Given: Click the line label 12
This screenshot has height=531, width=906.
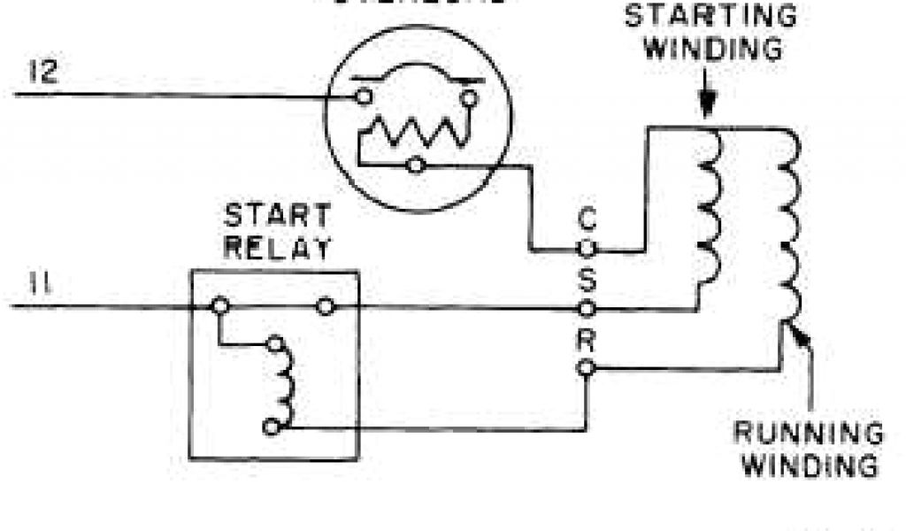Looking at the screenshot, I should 41,71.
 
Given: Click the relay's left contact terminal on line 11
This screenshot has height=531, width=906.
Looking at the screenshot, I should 220,307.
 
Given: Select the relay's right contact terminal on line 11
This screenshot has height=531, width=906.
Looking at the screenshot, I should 326,307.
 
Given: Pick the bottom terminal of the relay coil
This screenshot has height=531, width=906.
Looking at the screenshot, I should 271,427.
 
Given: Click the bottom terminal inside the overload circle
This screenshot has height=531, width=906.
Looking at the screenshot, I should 414,165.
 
